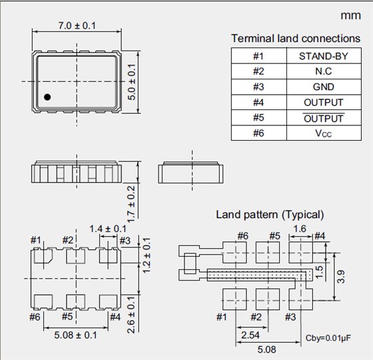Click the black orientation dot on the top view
tap(47, 97)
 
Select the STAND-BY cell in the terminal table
tap(324, 56)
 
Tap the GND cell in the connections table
tap(324, 87)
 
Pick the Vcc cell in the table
tap(324, 133)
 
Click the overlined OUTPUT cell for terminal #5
tap(324, 118)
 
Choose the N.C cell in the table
tap(324, 71)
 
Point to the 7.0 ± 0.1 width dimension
tap(77, 26)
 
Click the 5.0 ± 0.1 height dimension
tap(132, 82)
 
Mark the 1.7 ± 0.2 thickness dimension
tap(131, 204)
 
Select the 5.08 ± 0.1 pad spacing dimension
tap(76, 335)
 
